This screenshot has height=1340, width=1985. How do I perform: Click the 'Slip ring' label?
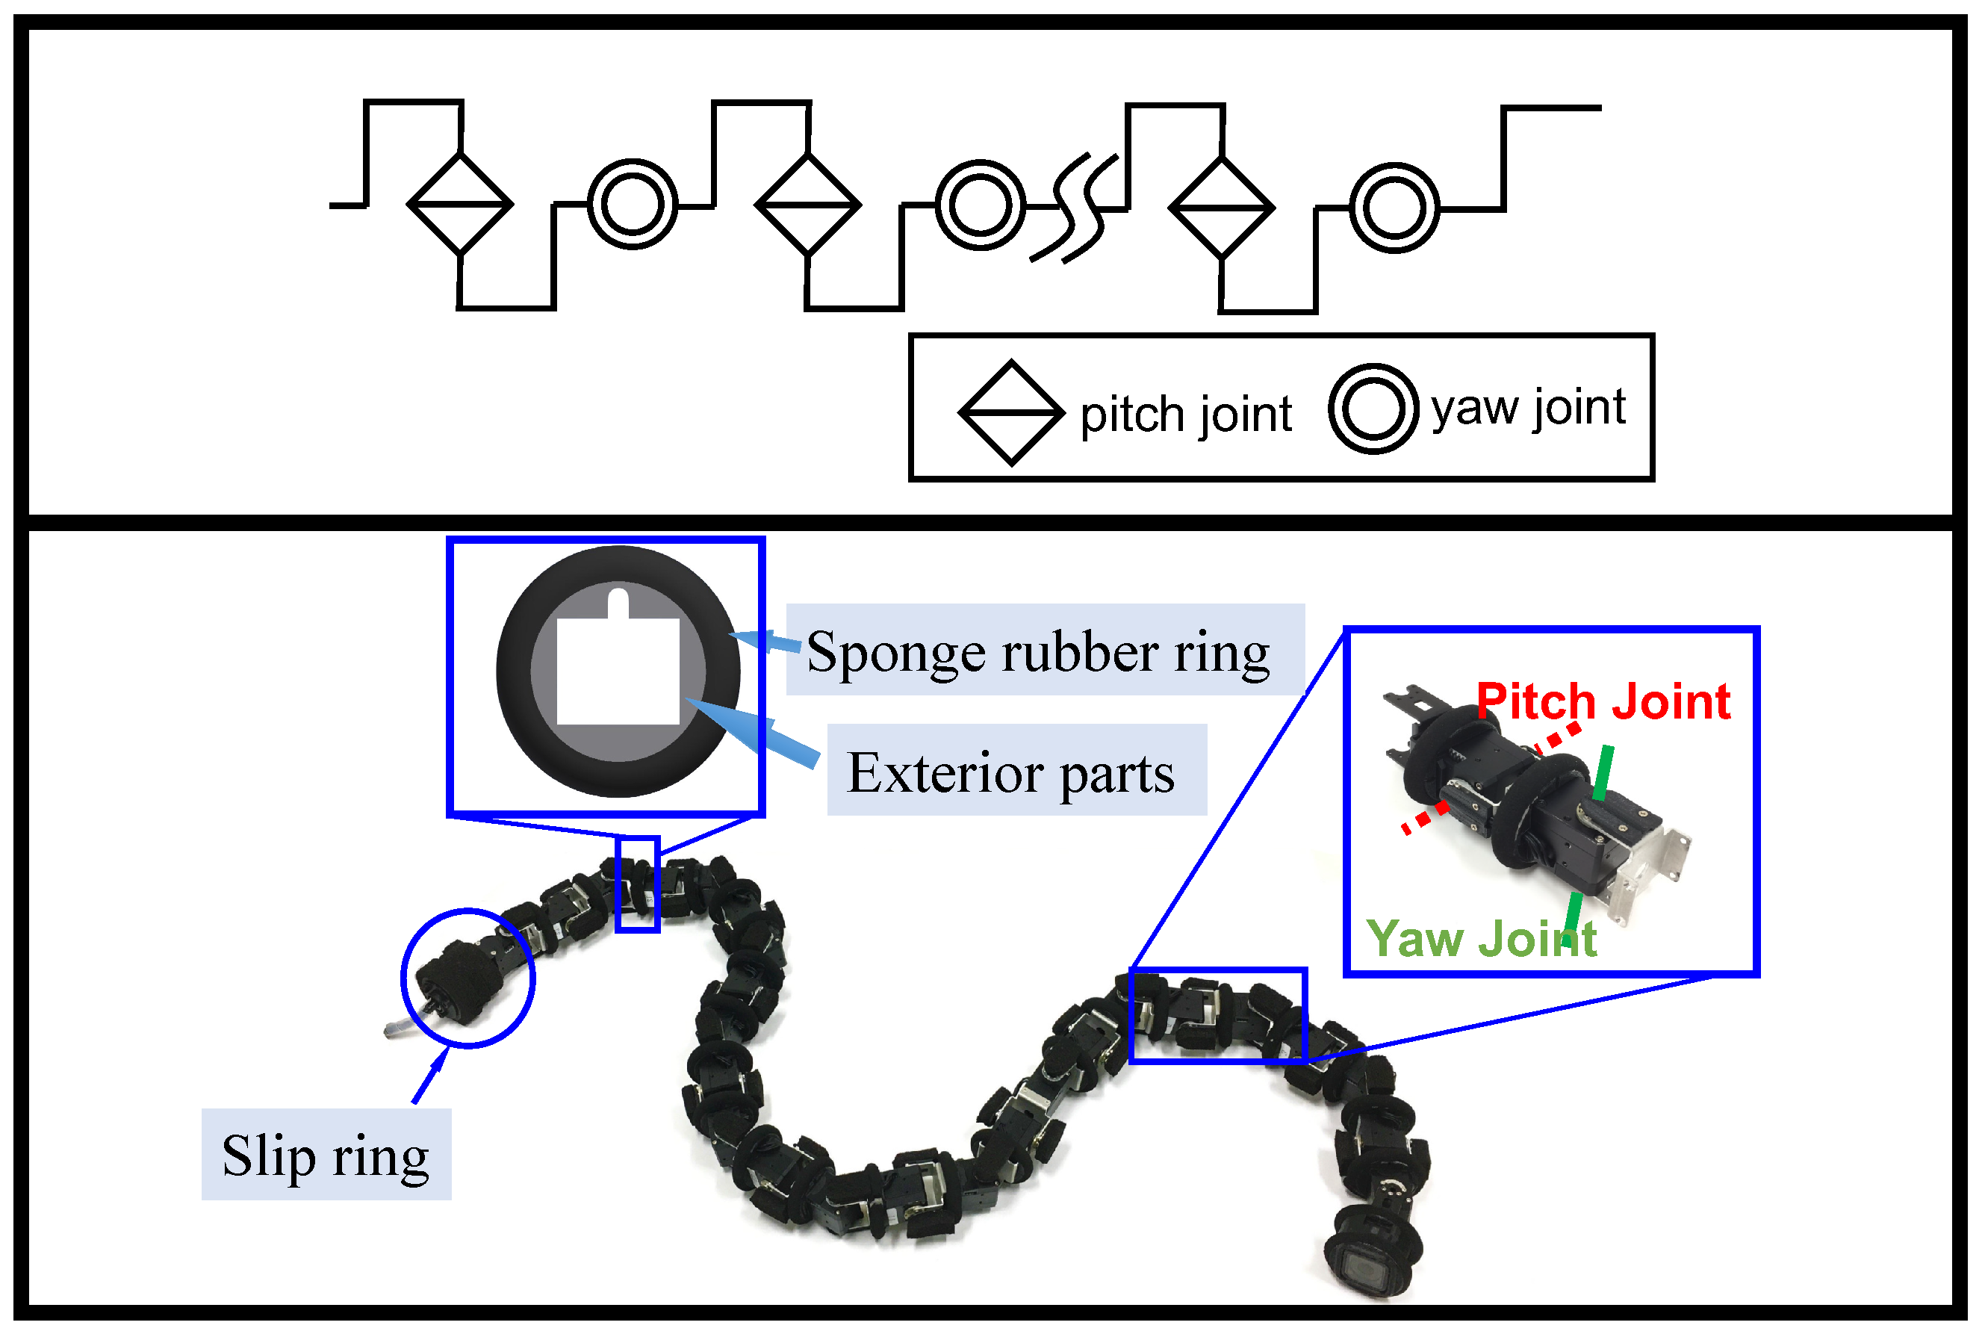pos(326,1156)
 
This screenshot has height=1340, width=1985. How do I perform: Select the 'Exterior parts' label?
pos(1010,773)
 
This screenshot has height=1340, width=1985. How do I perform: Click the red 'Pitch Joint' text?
pos(1603,702)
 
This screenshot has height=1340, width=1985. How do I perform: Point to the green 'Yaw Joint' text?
pos(1481,940)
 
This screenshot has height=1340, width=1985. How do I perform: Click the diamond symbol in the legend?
pos(1011,413)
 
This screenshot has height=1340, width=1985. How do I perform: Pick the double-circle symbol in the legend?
pos(1373,409)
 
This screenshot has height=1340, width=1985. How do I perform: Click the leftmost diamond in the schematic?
pos(460,204)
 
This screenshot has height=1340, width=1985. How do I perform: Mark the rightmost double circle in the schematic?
pos(1394,208)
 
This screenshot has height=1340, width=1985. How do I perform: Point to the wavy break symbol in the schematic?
pos(1075,208)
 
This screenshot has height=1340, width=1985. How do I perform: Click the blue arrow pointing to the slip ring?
pos(429,1077)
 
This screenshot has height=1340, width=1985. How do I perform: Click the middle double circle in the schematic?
pos(980,205)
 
